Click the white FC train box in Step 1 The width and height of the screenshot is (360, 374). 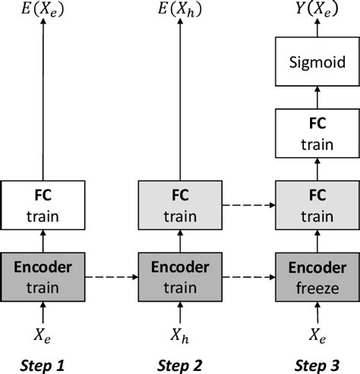[43, 205]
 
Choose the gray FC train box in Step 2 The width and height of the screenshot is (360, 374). [179, 205]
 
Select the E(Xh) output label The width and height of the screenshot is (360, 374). [179, 11]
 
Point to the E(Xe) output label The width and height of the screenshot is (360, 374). [43, 11]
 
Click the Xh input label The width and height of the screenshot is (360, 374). [180, 334]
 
